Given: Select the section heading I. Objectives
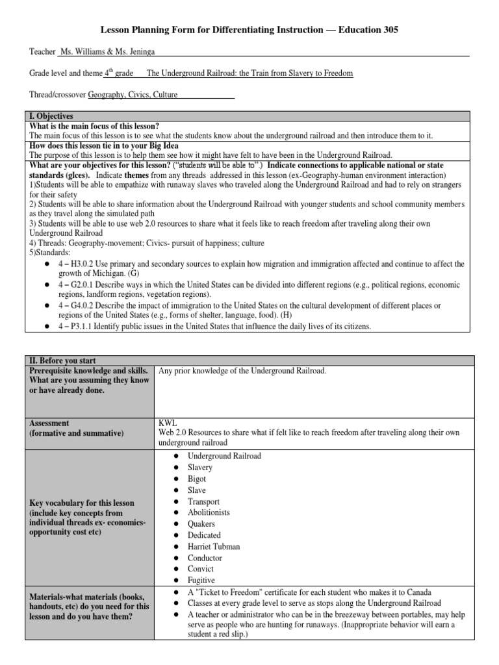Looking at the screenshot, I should (x=49, y=116).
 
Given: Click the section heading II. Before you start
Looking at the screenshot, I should (x=60, y=360).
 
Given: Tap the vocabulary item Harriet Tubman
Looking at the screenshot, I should (x=214, y=547).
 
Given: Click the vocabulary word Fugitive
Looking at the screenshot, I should (x=201, y=581).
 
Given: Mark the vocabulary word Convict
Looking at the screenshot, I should (x=200, y=570).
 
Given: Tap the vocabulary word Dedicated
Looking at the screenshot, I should (x=204, y=536).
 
